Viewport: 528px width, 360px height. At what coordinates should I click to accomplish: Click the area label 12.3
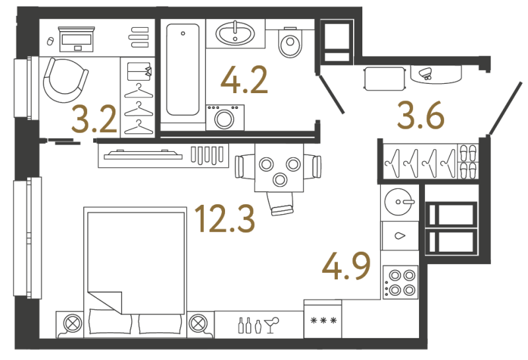coord(225,219)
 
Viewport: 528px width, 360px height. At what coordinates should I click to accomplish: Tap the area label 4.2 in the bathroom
coord(244,80)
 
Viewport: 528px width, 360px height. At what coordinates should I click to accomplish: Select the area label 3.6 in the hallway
coord(420,116)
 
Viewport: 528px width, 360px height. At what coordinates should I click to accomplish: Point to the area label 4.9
coord(346,266)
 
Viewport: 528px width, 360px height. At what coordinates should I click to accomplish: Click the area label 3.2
coord(94,119)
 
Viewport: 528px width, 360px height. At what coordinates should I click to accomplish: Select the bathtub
coord(183,69)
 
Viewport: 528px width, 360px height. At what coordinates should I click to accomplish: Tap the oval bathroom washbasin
coord(235,33)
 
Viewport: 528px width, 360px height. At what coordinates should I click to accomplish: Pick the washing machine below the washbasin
coord(225,118)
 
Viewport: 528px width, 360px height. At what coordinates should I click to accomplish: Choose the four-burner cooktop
coord(401,283)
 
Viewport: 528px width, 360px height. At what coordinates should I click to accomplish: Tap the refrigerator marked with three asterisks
coord(323,319)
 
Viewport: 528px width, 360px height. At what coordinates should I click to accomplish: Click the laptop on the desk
coord(77,40)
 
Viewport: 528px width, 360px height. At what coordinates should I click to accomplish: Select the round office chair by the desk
coord(65,81)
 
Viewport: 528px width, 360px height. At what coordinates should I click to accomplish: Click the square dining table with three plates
coord(279,168)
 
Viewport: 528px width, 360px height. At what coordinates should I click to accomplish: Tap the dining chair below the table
coord(280,203)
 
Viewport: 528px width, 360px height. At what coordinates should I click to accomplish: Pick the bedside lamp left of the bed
coord(73,324)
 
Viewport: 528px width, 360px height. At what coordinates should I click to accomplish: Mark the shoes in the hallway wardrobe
coord(469,161)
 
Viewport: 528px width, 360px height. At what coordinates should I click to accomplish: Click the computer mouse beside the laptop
coord(50,41)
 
